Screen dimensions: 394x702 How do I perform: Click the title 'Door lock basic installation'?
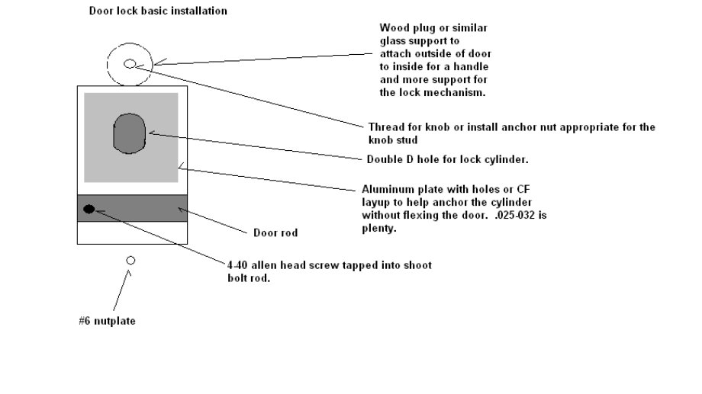click(x=158, y=11)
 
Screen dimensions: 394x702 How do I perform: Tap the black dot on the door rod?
click(x=89, y=209)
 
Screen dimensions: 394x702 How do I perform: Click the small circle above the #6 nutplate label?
click(x=130, y=261)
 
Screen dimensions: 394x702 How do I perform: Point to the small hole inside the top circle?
click(x=129, y=64)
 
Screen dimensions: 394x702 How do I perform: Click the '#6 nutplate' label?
click(x=107, y=321)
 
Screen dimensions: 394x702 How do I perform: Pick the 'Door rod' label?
click(x=275, y=232)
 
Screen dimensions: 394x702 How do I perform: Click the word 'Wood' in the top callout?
click(x=393, y=28)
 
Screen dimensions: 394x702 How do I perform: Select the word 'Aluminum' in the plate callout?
click(x=385, y=190)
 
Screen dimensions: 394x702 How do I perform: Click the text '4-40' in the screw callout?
click(x=238, y=265)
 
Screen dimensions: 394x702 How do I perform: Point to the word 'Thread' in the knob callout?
click(x=385, y=127)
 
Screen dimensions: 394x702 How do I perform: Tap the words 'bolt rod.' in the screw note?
click(x=250, y=278)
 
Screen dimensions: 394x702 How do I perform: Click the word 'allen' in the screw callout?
click(x=266, y=265)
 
